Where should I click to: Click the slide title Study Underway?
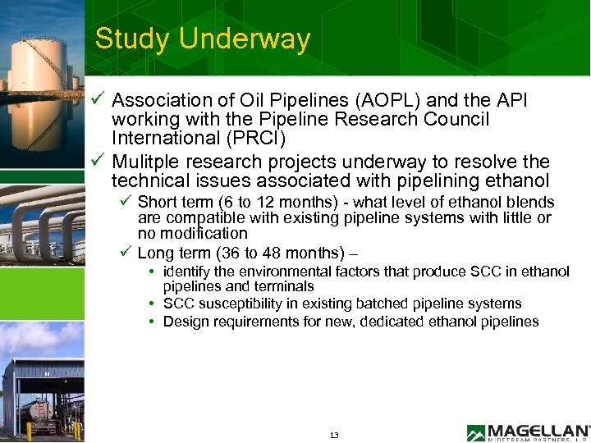(x=203, y=39)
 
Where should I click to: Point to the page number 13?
(x=333, y=435)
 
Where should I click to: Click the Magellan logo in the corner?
(x=528, y=432)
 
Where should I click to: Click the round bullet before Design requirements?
(x=154, y=322)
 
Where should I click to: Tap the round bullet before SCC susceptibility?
(x=154, y=304)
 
